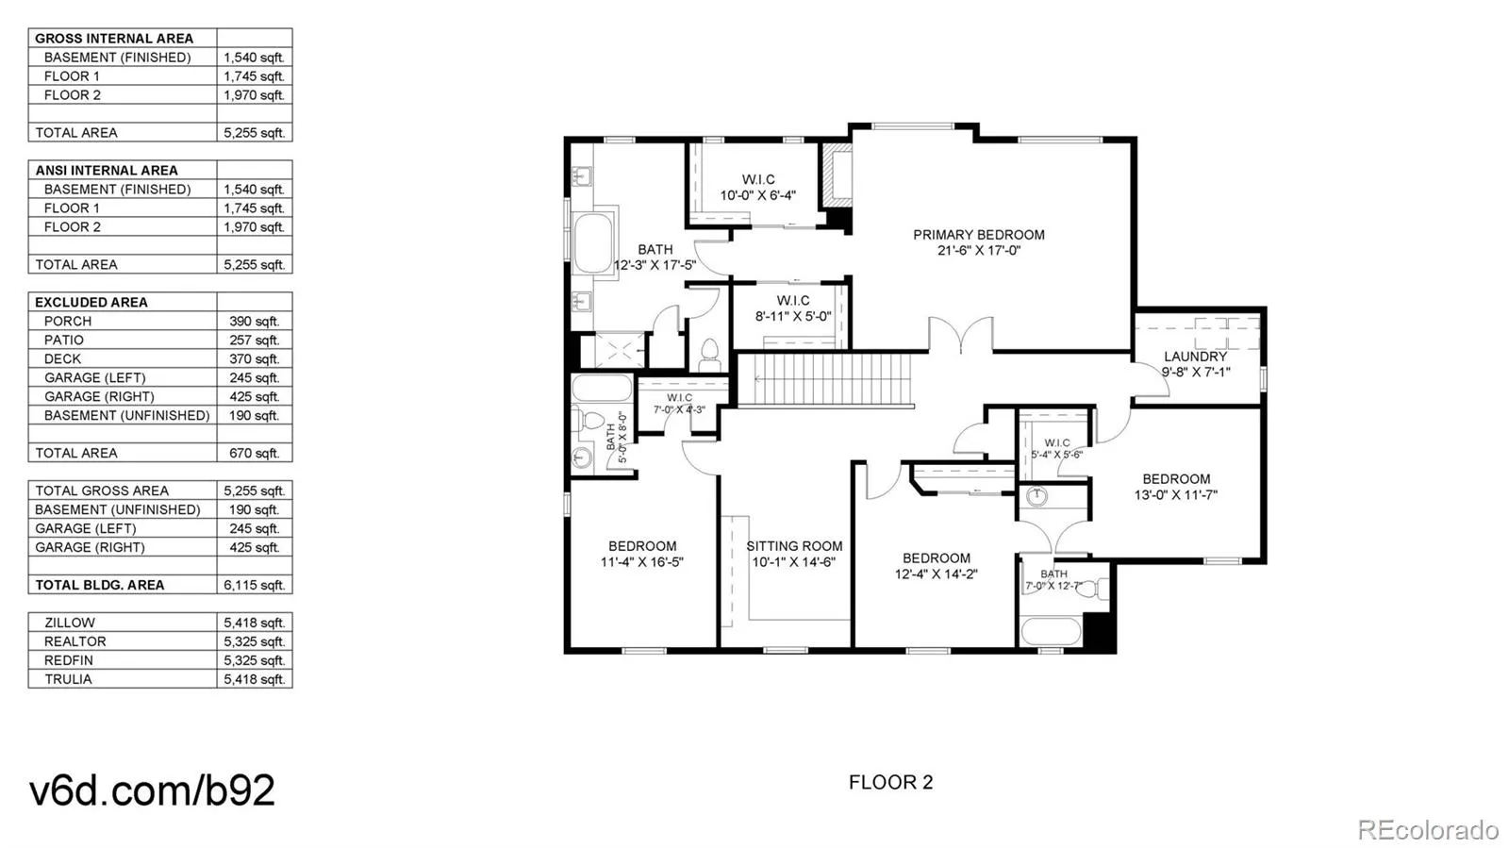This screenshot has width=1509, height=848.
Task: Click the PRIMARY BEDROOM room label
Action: [x=978, y=242]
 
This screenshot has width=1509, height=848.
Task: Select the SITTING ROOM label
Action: [x=794, y=554]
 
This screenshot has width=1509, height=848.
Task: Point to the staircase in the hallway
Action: [x=825, y=379]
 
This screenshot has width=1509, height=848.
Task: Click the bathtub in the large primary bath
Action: [x=593, y=243]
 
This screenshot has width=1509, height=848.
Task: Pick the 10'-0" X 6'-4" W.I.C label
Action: [x=757, y=187]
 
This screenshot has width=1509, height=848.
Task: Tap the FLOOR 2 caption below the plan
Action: [x=890, y=782]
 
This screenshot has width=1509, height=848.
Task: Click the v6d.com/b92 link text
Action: [x=152, y=790]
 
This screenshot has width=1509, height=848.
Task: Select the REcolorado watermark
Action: [x=1427, y=830]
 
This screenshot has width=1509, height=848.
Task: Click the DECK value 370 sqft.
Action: [x=254, y=358]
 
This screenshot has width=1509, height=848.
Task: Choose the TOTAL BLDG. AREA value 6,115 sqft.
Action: [x=254, y=585]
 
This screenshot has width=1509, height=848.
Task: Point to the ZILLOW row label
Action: [x=70, y=623]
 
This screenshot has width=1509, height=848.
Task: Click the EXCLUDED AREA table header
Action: [x=91, y=302]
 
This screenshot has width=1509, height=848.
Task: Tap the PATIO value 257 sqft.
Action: [x=254, y=340]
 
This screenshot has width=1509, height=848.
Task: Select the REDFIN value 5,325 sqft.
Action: [x=254, y=660]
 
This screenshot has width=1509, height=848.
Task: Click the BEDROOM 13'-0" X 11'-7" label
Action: [x=1175, y=487]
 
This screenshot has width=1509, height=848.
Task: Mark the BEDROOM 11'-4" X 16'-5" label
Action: [x=641, y=554]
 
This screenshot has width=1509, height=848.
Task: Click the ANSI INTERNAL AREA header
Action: [x=107, y=170]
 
